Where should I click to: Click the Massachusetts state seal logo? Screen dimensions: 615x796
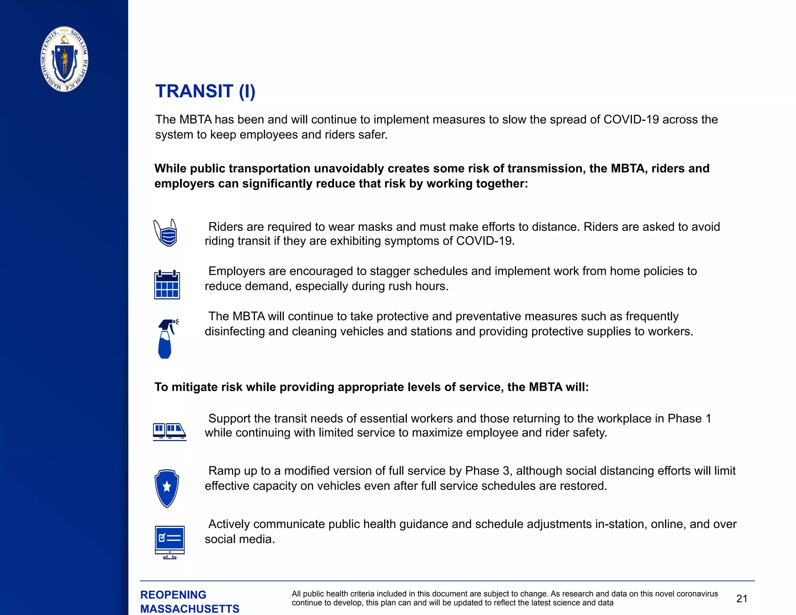64,59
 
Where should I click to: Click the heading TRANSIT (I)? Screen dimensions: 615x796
205,91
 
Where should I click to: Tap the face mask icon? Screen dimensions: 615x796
166,233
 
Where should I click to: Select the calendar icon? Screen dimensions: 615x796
167,285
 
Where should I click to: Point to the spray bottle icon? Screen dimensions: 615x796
167,339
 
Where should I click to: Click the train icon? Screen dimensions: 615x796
169,432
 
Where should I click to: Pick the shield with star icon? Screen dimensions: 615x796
167,488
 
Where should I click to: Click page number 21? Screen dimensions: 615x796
742,599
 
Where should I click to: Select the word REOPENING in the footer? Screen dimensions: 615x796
173,595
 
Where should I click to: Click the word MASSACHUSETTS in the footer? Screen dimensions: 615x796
190,609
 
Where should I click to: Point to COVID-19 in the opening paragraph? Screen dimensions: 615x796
631,119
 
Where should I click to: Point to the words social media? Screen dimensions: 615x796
240,539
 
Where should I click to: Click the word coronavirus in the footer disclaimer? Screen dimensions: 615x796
697,594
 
